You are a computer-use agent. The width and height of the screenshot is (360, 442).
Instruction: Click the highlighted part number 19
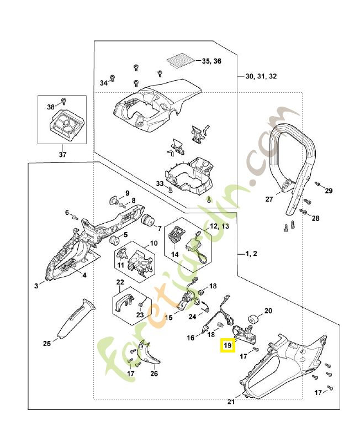pos(227,346)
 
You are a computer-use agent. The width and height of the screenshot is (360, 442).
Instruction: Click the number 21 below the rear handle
pos(231,402)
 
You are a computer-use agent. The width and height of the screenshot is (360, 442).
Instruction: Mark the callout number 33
pos(159,183)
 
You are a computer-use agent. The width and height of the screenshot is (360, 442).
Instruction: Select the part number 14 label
pos(174,254)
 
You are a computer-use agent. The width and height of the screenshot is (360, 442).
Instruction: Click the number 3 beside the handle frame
pos(36,286)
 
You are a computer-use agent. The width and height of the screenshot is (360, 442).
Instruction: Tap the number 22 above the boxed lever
pos(120,283)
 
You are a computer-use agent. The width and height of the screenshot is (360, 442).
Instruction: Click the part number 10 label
pos(153,243)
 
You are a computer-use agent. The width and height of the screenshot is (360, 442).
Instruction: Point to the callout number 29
pos(329,191)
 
